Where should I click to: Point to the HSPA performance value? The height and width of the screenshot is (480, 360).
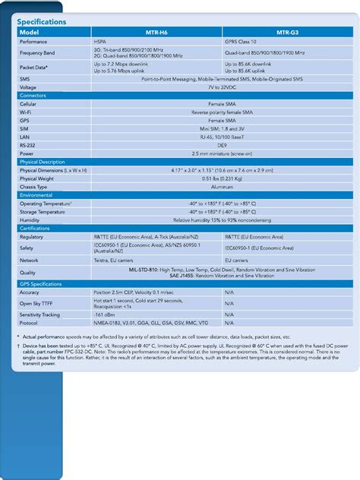[100, 42]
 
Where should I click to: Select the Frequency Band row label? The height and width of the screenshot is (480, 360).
[36, 53]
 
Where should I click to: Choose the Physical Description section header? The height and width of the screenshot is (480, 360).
[42, 162]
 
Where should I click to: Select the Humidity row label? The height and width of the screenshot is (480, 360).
[30, 219]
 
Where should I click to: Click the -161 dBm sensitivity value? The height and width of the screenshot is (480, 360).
[105, 313]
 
